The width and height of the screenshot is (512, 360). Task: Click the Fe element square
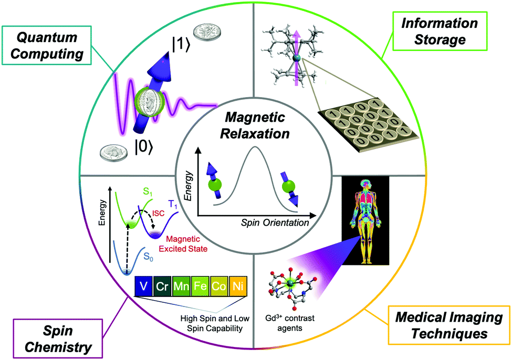pos(200,286)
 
